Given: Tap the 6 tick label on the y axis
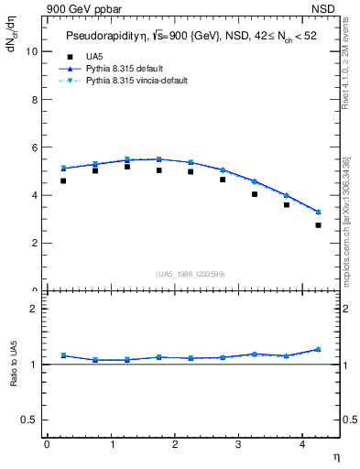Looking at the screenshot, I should click(x=36, y=147).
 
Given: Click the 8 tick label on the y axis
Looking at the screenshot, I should click(x=36, y=99).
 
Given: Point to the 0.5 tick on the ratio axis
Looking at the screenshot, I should click(x=31, y=419).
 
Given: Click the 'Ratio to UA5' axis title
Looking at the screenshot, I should click(x=14, y=364).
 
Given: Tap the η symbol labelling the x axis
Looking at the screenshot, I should click(x=335, y=455).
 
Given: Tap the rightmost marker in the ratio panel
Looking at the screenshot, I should click(x=318, y=349).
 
